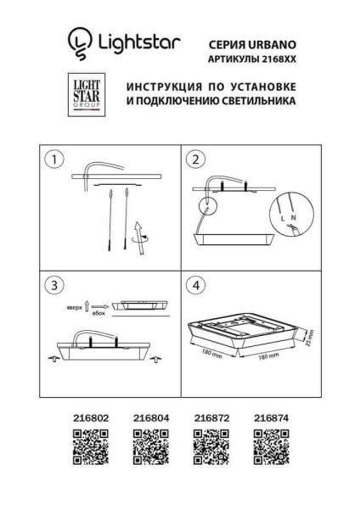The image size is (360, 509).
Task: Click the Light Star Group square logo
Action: pos(85,96)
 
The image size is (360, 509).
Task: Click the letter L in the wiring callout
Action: pos(280,218)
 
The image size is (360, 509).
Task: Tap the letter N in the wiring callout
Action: pos(293,218)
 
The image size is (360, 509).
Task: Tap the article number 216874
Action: pos(271,417)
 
